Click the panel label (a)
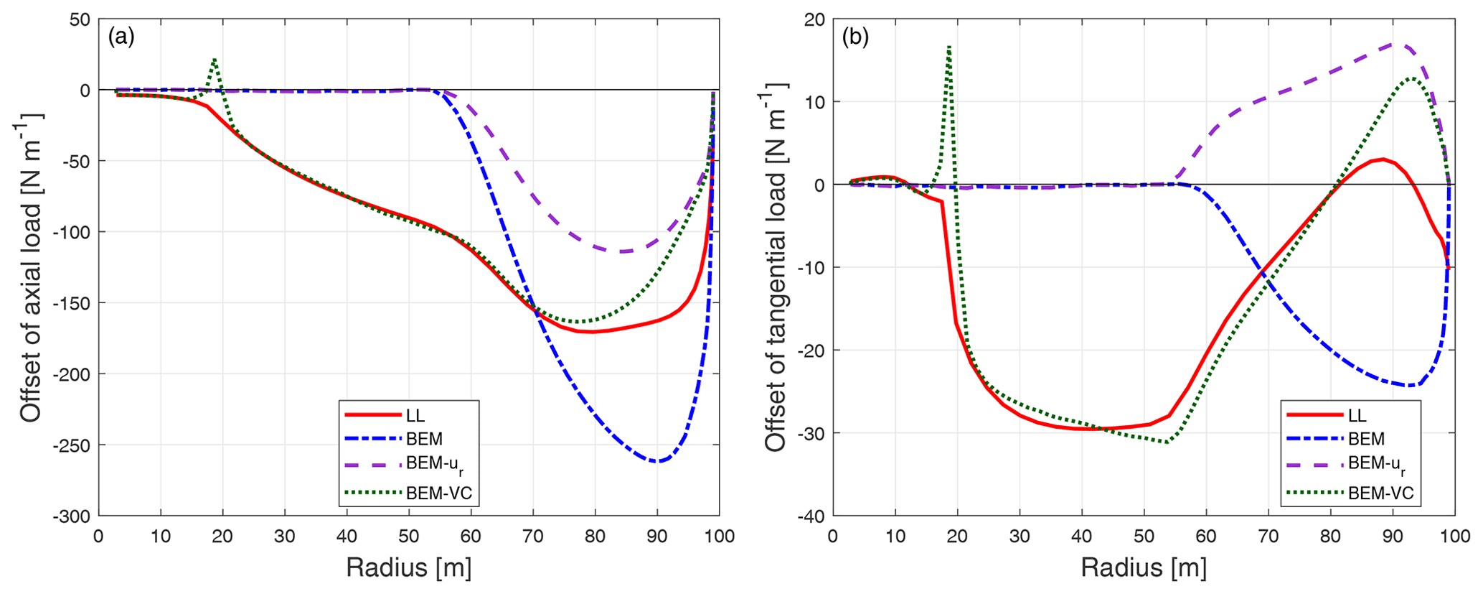click(121, 37)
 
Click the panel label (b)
click(855, 37)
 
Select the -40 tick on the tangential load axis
click(809, 516)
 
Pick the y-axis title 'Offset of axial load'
click(30, 267)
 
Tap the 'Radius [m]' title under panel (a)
click(408, 568)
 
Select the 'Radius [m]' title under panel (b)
click(1144, 568)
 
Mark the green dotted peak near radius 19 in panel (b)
click(948, 47)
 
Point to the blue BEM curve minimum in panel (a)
click(657, 461)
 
